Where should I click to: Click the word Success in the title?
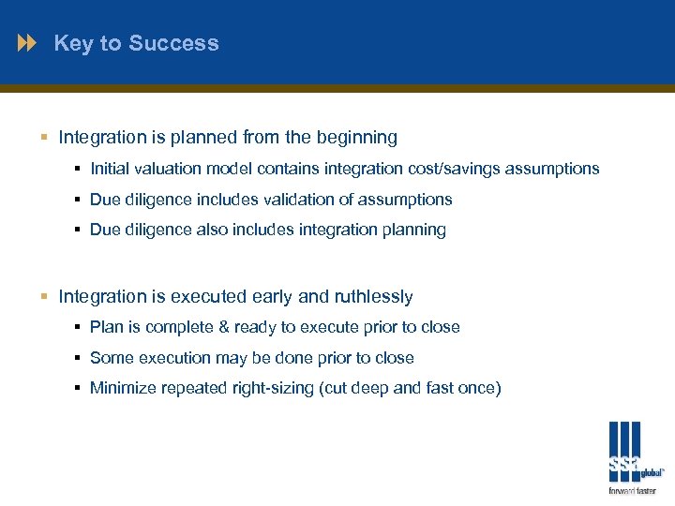tap(173, 43)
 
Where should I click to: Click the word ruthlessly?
tap(372, 297)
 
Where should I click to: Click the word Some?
tap(112, 359)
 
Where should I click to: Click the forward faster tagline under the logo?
tap(632, 491)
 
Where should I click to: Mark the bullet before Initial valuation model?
tap(77, 170)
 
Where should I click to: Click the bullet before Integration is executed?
tap(45, 298)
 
